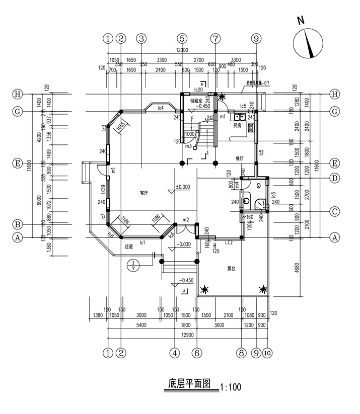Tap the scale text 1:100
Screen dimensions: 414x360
click(231, 387)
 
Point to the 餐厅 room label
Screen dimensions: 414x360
click(240, 158)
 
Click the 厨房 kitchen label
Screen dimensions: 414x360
click(236, 126)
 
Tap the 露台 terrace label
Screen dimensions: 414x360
click(231, 269)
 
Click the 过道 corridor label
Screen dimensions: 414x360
click(129, 246)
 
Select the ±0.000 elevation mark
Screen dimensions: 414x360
click(182, 187)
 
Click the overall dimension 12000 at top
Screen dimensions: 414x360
click(182, 50)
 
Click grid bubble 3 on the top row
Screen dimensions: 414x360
click(141, 38)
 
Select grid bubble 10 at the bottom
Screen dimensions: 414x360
click(267, 353)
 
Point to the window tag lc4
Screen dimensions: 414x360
click(160, 107)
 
